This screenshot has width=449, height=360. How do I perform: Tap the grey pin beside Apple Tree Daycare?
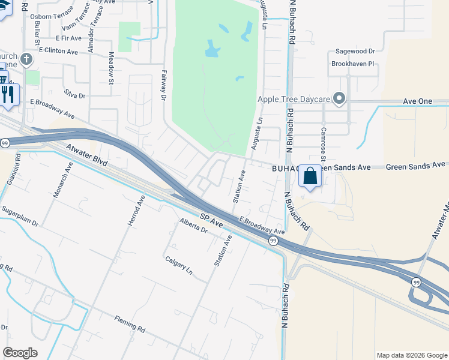(339, 98)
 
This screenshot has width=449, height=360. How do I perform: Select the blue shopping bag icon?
(310, 176)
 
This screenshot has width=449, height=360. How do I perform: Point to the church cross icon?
(25, 59)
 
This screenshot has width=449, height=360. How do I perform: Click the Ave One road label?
(418, 101)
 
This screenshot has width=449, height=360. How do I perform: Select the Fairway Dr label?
(163, 85)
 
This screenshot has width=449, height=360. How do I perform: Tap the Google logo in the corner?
(20, 353)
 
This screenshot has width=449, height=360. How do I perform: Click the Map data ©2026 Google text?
(412, 355)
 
